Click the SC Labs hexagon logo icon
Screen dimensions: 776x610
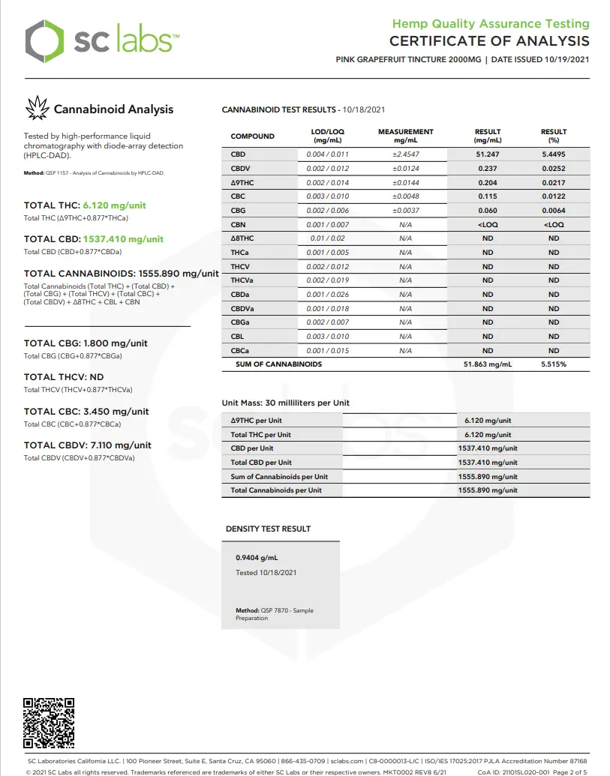44,42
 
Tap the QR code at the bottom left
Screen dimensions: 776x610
50,723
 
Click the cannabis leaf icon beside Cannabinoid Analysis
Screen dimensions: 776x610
37,109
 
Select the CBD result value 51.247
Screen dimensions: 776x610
488,154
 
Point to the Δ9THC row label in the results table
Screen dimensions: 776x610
242,183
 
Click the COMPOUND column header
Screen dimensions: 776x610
252,136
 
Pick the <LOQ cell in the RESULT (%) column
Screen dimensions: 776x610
554,225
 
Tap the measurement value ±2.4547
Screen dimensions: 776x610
406,154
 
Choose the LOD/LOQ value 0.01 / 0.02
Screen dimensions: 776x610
327,238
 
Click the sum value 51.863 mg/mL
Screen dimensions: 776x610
488,364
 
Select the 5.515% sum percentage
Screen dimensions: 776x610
554,364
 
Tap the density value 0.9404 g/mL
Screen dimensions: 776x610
257,558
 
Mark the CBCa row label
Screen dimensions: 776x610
240,351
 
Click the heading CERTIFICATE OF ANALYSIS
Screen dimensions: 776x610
489,41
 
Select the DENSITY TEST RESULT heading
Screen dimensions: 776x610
268,529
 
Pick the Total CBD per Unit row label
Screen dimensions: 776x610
261,463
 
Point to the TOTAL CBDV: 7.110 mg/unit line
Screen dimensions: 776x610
87,445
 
